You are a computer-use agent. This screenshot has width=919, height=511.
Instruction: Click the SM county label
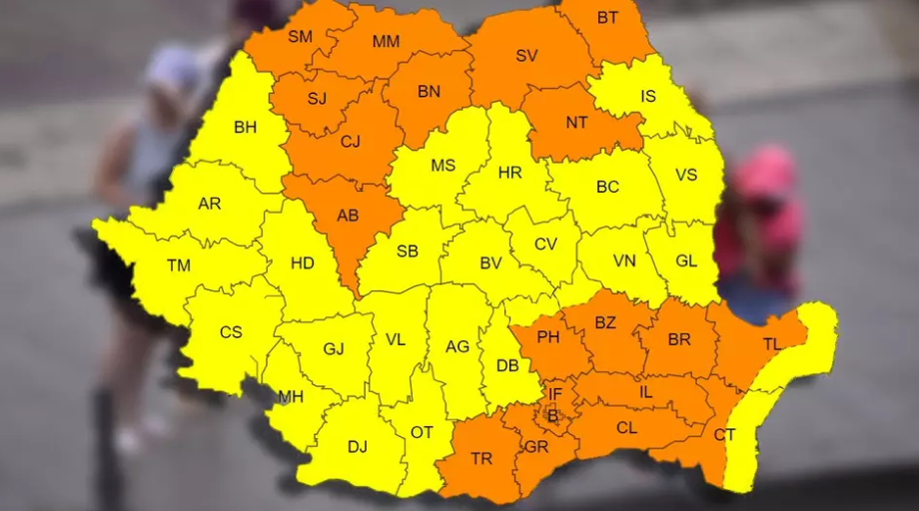[300, 37]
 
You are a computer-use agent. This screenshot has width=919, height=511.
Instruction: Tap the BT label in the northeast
[607, 18]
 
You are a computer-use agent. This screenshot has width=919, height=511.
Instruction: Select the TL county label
[771, 344]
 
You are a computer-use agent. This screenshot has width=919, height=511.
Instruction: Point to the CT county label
[724, 435]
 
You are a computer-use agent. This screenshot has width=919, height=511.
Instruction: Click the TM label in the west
[179, 265]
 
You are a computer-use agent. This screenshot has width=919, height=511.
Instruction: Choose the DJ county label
[358, 447]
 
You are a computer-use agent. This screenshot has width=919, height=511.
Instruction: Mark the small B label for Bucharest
[551, 414]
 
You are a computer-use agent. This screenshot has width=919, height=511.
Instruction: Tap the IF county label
[555, 394]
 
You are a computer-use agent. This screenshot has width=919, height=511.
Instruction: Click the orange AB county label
[348, 216]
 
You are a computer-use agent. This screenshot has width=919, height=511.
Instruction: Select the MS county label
[444, 166]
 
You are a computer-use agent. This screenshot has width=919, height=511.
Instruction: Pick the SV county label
[526, 56]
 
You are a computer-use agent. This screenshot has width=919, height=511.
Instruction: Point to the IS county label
[649, 97]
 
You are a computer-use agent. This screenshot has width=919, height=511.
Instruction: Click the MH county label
[291, 397]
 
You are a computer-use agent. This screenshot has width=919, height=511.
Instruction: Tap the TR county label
[481, 459]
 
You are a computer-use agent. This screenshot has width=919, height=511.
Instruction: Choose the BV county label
[490, 263]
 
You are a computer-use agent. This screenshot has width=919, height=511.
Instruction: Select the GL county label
[686, 260]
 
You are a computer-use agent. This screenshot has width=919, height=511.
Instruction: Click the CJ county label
[351, 142]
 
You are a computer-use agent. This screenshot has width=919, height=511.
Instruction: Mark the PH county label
[548, 337]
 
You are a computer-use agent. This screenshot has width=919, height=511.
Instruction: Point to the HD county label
[302, 263]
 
